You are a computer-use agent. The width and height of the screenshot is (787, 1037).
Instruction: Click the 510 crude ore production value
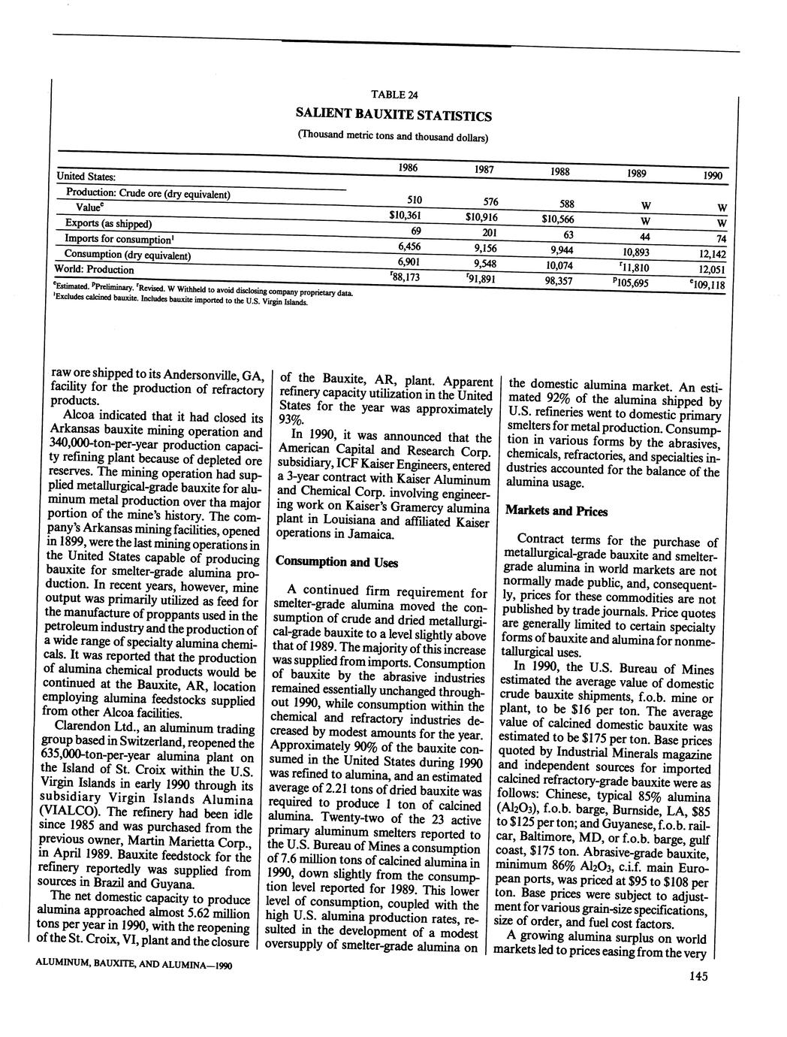click(x=413, y=201)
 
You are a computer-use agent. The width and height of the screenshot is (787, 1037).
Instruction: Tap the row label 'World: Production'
click(x=95, y=269)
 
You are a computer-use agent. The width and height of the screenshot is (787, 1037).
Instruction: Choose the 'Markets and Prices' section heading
click(x=556, y=511)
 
